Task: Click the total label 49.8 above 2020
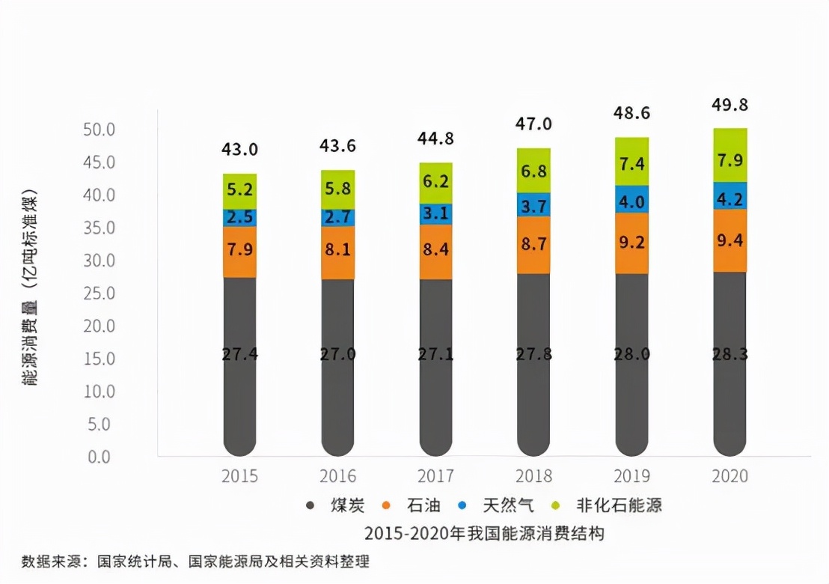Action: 729,105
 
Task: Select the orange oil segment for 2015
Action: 239,252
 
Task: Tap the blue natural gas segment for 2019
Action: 631,199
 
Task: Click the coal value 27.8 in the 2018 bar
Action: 533,354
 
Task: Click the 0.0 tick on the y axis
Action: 100,456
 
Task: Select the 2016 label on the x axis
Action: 337,476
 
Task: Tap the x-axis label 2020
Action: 729,476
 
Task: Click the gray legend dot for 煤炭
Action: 311,505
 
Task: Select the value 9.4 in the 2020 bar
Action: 729,240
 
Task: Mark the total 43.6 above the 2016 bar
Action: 337,146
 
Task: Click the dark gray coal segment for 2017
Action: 435,367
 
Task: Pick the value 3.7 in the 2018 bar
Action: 533,204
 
